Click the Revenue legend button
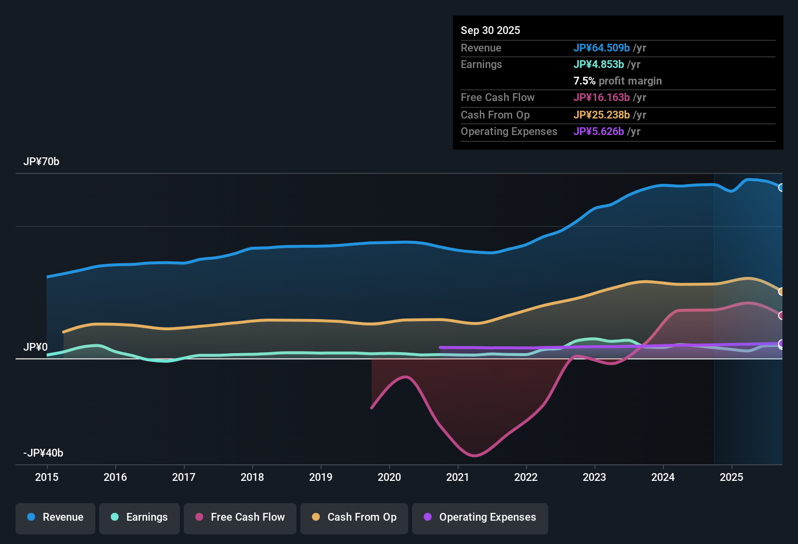[55, 517]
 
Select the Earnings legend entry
[139, 517]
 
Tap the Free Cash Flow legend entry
[240, 517]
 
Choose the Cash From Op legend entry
[354, 517]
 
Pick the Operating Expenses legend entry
[480, 517]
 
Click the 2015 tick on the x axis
[47, 477]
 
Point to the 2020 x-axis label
[389, 477]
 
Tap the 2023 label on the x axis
[594, 477]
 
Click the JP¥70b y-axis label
[41, 162]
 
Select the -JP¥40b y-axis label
[43, 453]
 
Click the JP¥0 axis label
[35, 347]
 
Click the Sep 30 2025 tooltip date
[490, 30]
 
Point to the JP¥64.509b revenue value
[602, 48]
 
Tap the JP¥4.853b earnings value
[599, 64]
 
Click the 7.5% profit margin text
[617, 81]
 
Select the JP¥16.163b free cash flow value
[602, 97]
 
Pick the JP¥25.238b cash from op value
[602, 115]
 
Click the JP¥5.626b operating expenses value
[599, 131]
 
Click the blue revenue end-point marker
[781, 187]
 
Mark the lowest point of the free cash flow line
[474, 456]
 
